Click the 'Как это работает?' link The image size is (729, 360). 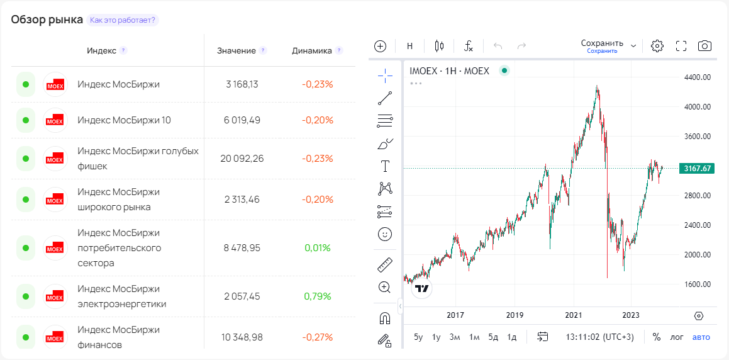(x=123, y=20)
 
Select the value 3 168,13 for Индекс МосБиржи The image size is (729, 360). (x=242, y=84)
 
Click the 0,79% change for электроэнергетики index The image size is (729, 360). (x=317, y=296)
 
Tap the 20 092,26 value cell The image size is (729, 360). (x=242, y=159)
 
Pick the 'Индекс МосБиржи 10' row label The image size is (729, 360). (x=124, y=120)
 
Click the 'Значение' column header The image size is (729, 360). (x=237, y=50)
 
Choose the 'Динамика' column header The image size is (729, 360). (x=312, y=50)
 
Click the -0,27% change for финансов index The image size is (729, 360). (x=317, y=337)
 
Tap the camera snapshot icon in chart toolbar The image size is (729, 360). (x=704, y=46)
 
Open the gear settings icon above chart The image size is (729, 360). (x=657, y=46)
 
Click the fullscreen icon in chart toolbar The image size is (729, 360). (x=681, y=46)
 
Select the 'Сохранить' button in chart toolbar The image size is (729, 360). (x=602, y=43)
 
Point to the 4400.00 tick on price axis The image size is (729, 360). (x=698, y=77)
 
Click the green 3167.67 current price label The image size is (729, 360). (x=696, y=168)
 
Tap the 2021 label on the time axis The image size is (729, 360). (x=573, y=315)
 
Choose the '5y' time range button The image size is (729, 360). (x=418, y=337)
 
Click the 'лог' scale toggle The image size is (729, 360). (x=677, y=337)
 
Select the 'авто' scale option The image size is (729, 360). (x=701, y=337)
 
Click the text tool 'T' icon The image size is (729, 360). (x=385, y=166)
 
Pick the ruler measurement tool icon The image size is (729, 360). (x=385, y=264)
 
